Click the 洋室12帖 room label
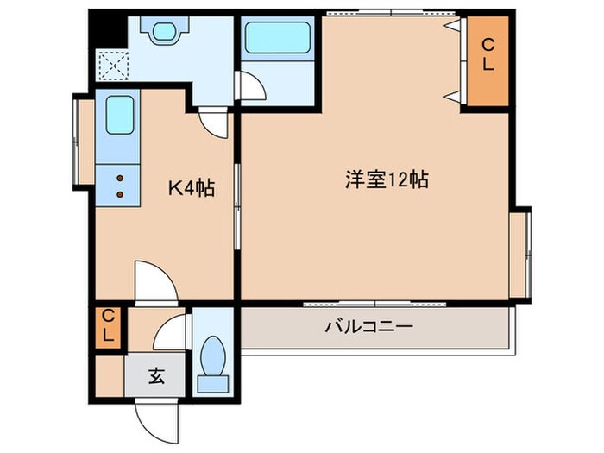click(x=387, y=181)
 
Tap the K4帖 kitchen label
click(x=190, y=186)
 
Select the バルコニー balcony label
click(x=369, y=327)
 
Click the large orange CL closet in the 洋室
click(x=488, y=61)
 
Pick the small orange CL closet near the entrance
click(x=110, y=327)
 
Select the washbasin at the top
click(x=163, y=33)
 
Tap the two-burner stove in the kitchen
click(x=120, y=185)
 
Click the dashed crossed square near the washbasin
click(x=111, y=65)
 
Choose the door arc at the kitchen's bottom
click(x=155, y=281)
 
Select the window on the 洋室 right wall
click(x=521, y=255)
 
